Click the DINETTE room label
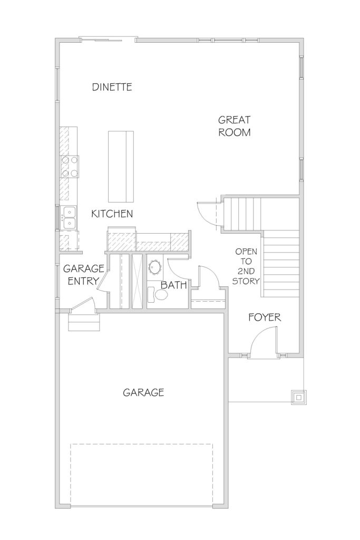112,87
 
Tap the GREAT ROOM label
235,126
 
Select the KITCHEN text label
112,214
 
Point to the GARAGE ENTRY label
84,274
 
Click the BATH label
174,285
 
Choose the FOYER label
265,317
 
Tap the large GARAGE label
143,392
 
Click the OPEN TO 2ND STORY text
246,266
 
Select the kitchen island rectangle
121,166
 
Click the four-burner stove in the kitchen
69,166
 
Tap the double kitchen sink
69,218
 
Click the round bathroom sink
155,267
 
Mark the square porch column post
298,398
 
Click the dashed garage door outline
142,474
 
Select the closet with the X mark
138,282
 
